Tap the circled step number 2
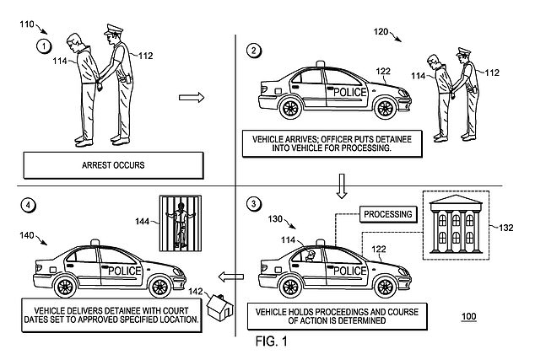coord(253,49)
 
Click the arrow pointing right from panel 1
coord(192,99)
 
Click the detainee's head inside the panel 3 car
coord(311,253)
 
